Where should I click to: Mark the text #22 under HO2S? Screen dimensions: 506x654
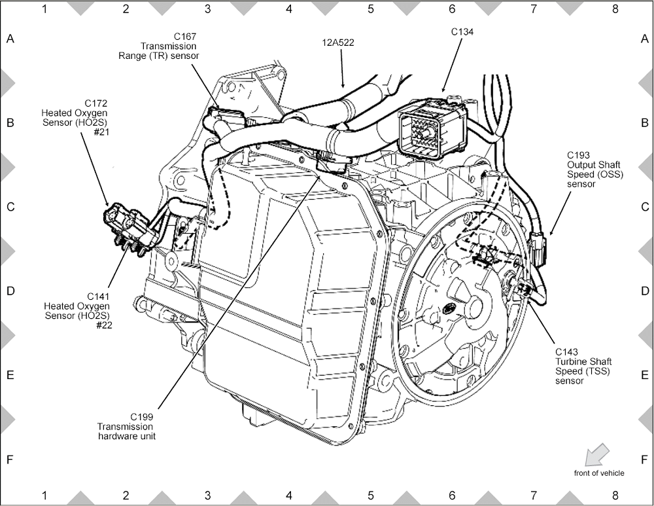point(103,325)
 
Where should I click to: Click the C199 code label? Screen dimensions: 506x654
point(143,417)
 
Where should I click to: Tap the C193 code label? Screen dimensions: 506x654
point(579,155)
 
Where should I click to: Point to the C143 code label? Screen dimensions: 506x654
point(567,352)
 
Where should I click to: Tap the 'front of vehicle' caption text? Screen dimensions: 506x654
point(598,473)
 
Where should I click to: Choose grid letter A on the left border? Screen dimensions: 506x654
point(10,39)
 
